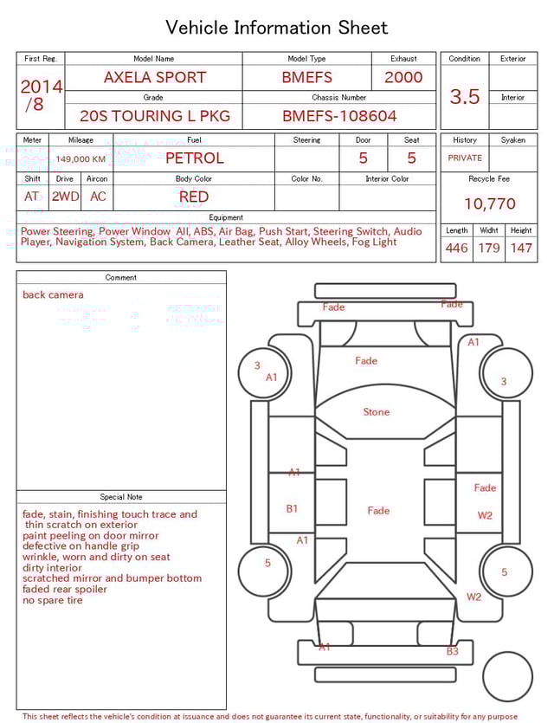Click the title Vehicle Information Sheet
point(277,28)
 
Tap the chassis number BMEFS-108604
point(339,116)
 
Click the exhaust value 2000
point(403,77)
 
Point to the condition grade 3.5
point(465,97)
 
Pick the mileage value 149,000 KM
point(81,159)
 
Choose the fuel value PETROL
point(194,158)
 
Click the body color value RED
point(194,197)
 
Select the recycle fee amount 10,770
point(490,204)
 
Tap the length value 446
point(457,249)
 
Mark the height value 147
point(521,249)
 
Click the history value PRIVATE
point(465,158)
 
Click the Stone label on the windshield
point(377,412)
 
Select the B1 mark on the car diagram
point(292,509)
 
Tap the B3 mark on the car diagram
point(452,651)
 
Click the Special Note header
point(121,497)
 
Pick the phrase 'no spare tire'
point(53,600)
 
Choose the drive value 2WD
point(65,197)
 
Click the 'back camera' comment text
point(53,295)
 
